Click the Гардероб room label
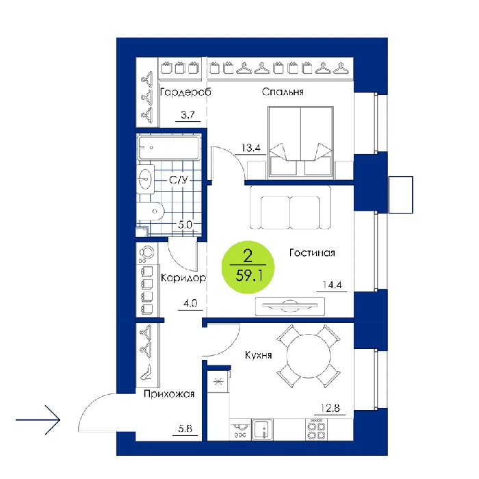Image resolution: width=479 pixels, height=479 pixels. click(x=185, y=92)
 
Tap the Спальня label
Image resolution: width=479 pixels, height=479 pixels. click(x=283, y=92)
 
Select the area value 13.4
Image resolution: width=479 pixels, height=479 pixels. click(x=251, y=148)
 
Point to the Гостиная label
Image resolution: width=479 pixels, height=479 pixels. click(x=312, y=253)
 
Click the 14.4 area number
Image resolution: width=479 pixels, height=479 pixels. click(x=332, y=285)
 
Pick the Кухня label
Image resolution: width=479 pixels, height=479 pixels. click(x=258, y=355)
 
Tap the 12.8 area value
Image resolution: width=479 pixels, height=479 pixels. click(x=330, y=408)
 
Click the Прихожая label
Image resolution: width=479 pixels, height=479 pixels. click(x=169, y=393)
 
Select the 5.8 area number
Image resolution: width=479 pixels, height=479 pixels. click(x=185, y=428)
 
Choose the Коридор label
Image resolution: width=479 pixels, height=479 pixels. click(x=183, y=278)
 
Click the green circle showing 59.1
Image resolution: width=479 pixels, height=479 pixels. click(x=248, y=267)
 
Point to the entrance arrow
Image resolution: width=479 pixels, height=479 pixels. click(x=38, y=419)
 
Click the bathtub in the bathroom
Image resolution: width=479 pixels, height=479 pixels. click(x=169, y=148)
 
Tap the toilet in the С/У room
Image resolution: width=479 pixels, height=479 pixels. click(x=151, y=211)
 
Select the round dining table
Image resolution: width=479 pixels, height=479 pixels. click(x=309, y=356)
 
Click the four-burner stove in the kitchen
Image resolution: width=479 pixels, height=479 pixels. click(x=316, y=430)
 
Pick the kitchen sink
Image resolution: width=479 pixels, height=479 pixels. click(x=262, y=430)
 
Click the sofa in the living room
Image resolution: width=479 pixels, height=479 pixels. click(x=290, y=208)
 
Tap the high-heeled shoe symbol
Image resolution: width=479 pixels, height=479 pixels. click(x=146, y=372)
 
